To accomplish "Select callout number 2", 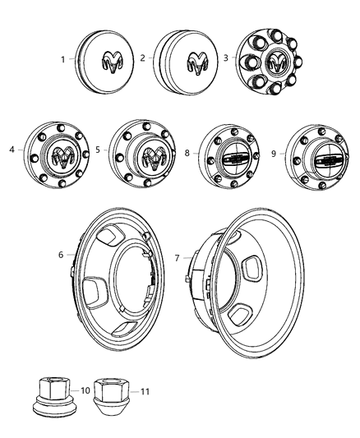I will pyautogui.click(x=141, y=58).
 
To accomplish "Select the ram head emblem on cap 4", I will pyautogui.click(x=62, y=157).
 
